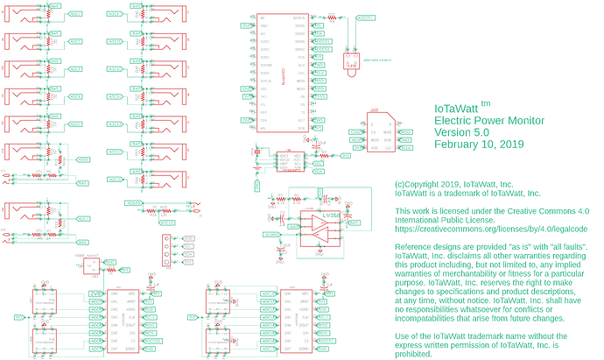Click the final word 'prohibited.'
(416, 356)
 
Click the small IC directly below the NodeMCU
(289, 161)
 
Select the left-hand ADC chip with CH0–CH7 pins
(120, 321)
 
